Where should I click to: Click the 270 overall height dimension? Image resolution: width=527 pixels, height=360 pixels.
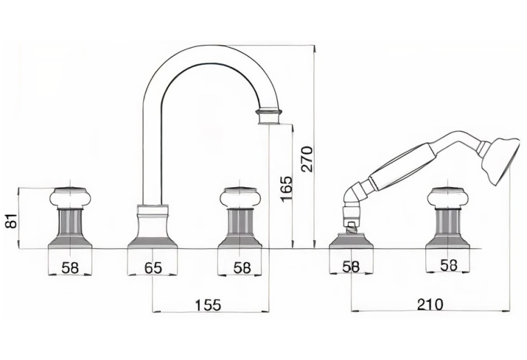click(308, 159)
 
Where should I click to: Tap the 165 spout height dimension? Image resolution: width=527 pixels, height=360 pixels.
click(287, 189)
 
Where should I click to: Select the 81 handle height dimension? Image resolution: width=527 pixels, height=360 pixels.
click(12, 220)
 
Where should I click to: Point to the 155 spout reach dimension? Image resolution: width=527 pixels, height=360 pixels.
click(208, 305)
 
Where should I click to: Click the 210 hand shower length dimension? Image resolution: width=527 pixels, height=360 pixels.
click(430, 304)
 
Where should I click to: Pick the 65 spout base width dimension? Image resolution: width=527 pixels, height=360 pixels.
click(153, 268)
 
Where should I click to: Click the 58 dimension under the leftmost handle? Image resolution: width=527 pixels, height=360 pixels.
click(71, 267)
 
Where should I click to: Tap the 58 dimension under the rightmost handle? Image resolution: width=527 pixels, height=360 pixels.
click(449, 265)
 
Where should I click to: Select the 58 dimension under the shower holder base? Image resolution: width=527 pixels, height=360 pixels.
click(351, 267)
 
